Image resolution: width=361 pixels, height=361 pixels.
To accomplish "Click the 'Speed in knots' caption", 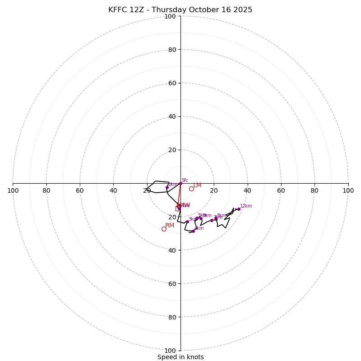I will click(180, 357).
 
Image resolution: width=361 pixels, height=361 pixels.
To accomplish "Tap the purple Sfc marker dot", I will click(180, 183).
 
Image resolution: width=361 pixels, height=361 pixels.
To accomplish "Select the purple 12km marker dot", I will click(239, 209).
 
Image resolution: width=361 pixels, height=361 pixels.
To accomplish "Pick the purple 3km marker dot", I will click(187, 222).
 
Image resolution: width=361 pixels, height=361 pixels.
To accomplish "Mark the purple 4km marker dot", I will click(193, 231).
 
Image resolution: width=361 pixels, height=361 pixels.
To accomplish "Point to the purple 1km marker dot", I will click(167, 187).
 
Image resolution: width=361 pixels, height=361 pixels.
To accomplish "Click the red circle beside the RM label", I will click(164, 229).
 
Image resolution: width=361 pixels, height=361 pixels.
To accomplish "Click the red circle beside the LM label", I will click(191, 189).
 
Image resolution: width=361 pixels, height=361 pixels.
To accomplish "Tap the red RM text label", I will click(170, 225).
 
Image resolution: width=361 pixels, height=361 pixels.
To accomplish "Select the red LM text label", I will click(197, 185).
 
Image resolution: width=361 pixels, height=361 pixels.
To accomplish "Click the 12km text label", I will click(246, 206).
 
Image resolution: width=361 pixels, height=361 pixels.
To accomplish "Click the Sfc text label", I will click(185, 180).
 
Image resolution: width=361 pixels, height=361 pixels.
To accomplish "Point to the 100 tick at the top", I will click(170, 16).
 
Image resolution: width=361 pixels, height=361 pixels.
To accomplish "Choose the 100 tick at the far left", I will click(13, 190).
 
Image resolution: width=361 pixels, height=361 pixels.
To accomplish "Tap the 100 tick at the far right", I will click(348, 190).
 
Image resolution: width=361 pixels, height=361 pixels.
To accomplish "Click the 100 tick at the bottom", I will click(170, 351).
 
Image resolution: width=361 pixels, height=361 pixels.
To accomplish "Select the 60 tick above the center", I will click(172, 83).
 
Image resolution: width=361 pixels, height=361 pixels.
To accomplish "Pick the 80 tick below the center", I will click(172, 317).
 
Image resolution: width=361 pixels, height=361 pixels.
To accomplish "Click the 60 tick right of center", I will click(281, 190).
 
